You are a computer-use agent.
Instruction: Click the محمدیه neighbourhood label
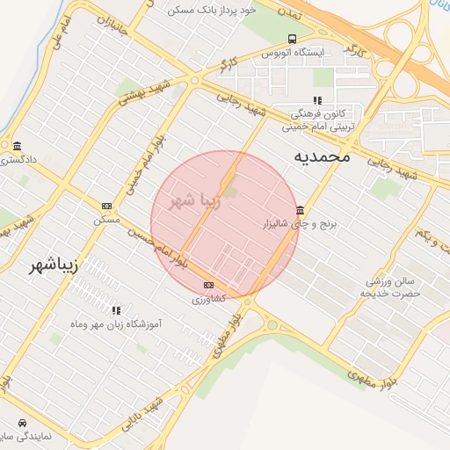click(321, 156)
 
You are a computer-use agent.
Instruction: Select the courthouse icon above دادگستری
click(17, 145)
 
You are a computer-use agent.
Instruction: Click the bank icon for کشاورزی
click(208, 285)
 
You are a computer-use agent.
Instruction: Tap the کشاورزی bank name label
click(208, 300)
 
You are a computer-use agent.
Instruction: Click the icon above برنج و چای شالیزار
click(301, 211)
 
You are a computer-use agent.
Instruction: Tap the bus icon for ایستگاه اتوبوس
click(291, 39)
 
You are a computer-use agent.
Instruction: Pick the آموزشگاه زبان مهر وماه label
click(117, 325)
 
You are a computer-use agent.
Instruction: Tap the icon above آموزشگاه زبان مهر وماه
click(116, 310)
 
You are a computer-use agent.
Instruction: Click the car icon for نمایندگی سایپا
click(21, 422)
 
